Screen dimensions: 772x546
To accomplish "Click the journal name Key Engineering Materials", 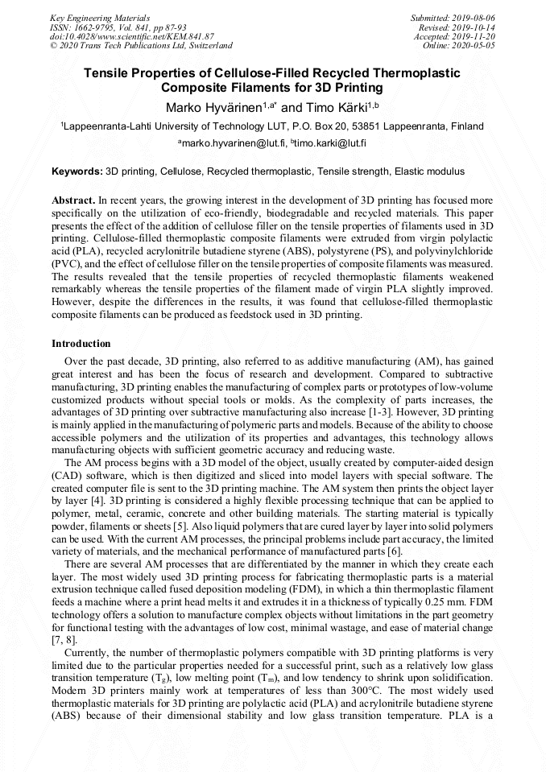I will (x=100, y=17).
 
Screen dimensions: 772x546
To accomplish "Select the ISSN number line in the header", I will (x=118, y=27).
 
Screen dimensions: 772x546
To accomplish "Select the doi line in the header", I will (x=132, y=36).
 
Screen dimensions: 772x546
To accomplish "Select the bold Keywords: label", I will (x=77, y=171).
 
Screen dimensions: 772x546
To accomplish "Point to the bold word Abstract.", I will (x=73, y=199).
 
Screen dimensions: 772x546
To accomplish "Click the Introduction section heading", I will (x=81, y=344).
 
